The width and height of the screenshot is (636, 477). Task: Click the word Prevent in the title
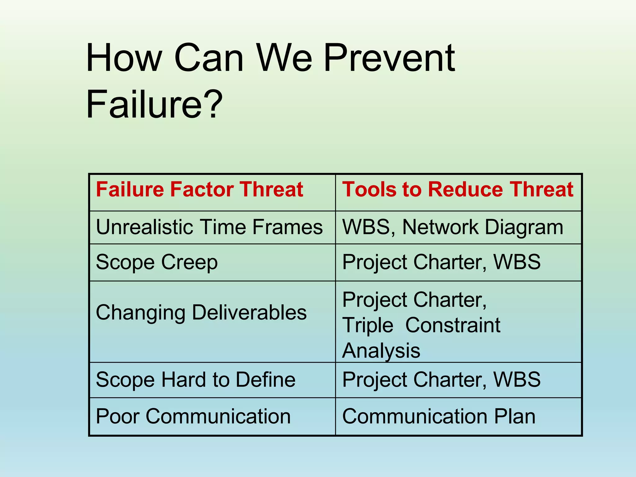(389, 58)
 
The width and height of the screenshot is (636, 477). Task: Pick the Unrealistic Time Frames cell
(209, 227)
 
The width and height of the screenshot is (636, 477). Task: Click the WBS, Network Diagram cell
(452, 227)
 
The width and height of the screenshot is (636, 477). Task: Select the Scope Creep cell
(157, 262)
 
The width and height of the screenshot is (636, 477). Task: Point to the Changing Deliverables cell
(201, 312)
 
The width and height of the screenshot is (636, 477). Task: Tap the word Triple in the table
(368, 325)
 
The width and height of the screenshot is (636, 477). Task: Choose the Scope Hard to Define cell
(196, 379)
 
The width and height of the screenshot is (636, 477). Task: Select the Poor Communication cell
(193, 416)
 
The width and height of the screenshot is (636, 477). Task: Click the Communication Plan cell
(438, 416)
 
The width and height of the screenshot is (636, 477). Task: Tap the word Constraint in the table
(453, 325)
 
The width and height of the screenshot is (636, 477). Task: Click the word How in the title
(124, 58)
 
